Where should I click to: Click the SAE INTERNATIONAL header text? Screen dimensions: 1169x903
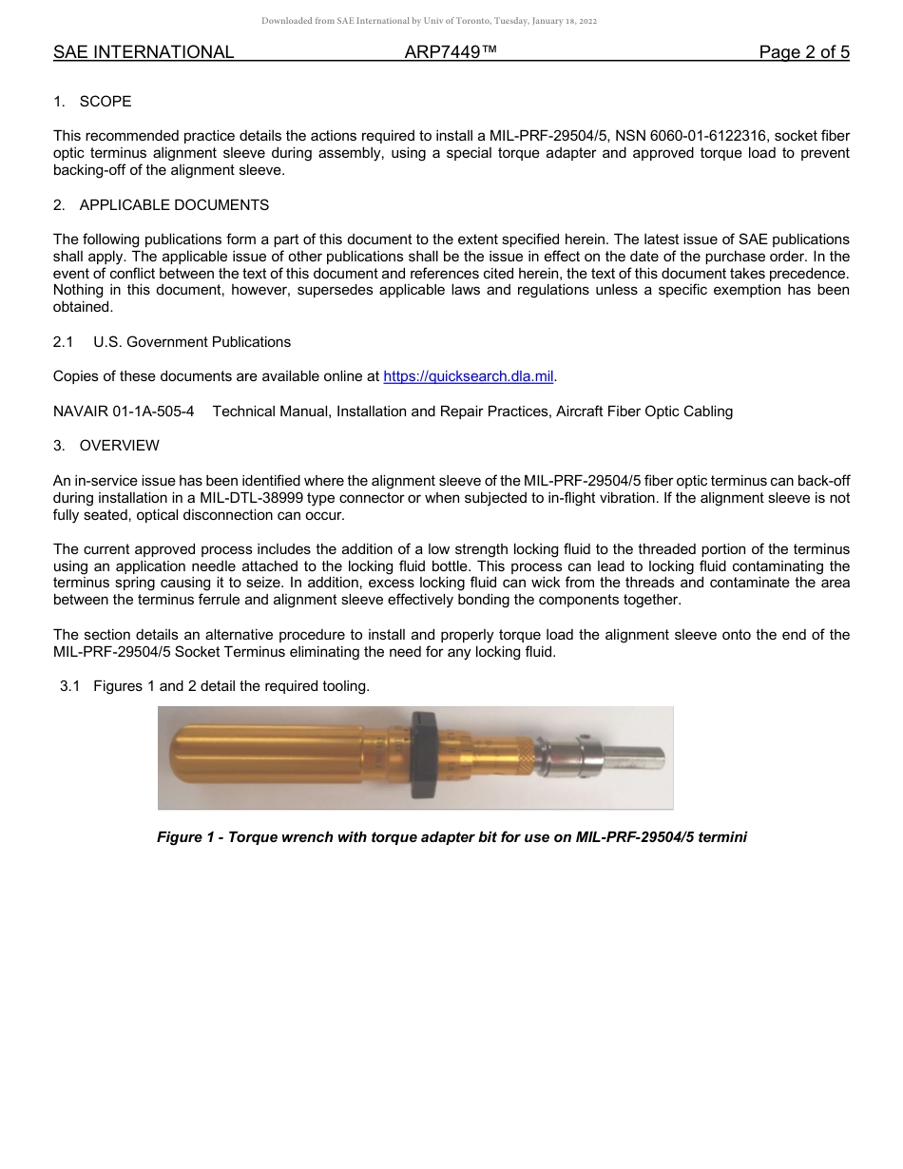144,52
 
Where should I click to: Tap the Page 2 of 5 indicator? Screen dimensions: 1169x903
803,52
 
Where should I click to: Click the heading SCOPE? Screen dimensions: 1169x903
106,102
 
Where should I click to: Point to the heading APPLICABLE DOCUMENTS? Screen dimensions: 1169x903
174,205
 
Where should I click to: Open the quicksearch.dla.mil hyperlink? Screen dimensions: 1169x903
468,376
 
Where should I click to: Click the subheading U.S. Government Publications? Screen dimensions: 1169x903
192,342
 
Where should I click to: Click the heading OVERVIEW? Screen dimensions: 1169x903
119,446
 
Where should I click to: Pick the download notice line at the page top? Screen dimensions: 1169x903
430,21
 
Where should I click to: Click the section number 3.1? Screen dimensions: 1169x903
69,686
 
